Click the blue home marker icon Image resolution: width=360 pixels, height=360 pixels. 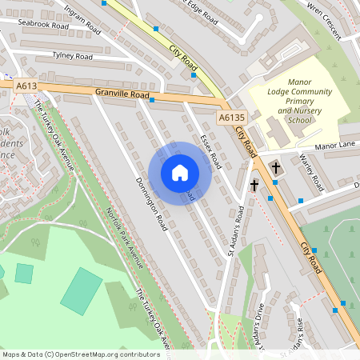point(179,173)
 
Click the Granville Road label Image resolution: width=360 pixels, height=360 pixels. point(122,94)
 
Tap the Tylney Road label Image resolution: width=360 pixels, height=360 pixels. point(72,57)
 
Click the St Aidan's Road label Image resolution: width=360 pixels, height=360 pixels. point(234,232)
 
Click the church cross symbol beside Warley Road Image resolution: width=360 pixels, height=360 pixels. point(275,168)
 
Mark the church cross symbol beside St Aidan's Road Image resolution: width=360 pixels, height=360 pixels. point(254,186)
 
